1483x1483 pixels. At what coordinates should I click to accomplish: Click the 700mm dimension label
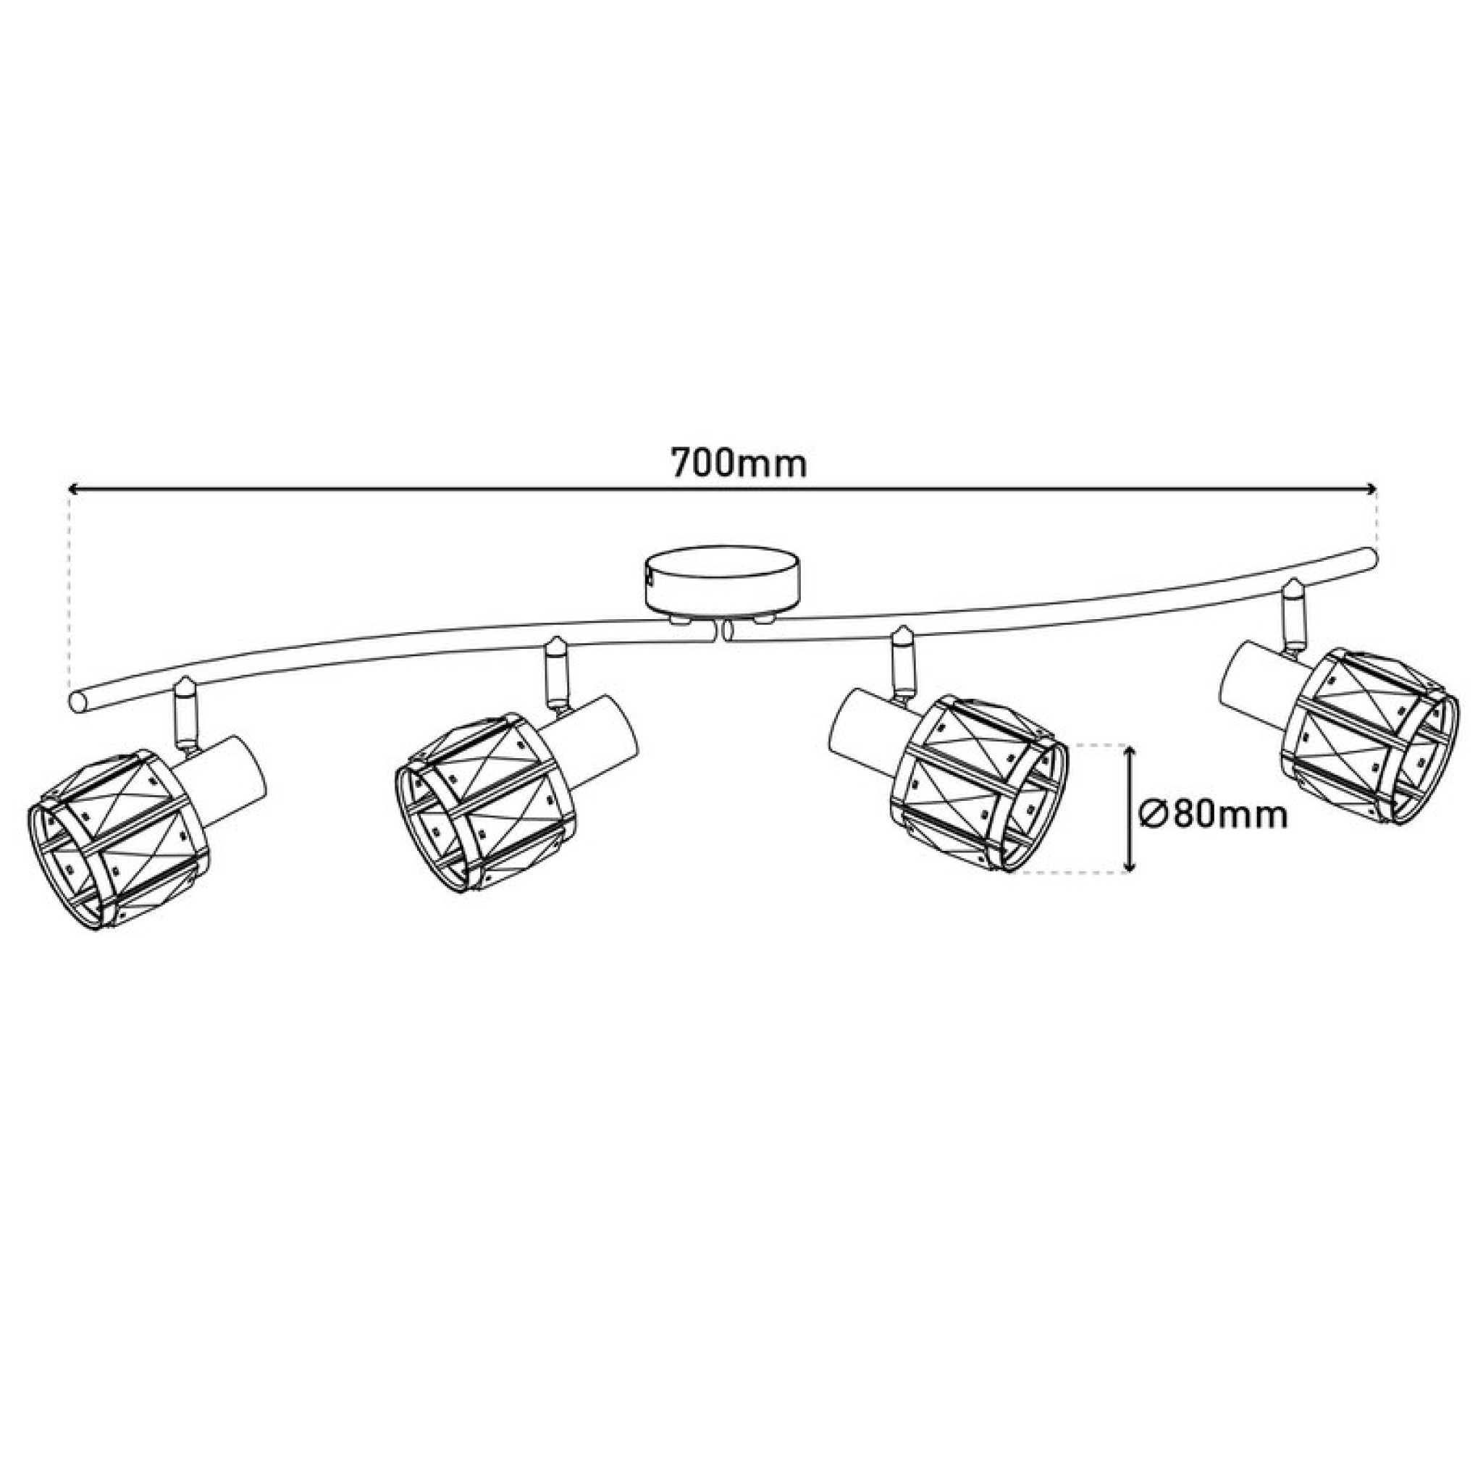click(739, 463)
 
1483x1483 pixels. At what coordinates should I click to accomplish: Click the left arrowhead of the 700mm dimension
click(75, 487)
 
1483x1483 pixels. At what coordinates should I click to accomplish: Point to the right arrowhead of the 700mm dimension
click(1368, 487)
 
